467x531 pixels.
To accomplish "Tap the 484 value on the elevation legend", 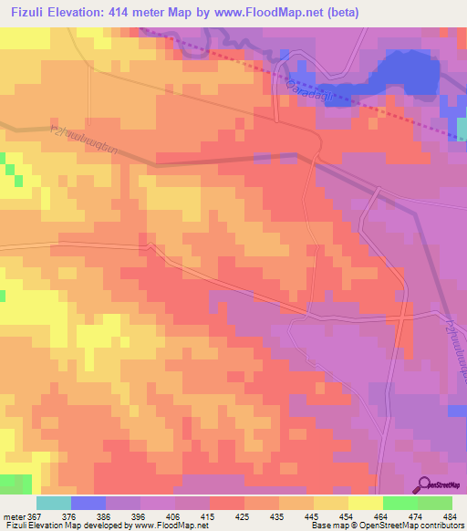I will pyautogui.click(x=446, y=516).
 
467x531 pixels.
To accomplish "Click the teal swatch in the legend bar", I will pyautogui.click(x=54, y=503).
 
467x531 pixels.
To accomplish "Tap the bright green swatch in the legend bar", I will pyautogui.click(x=400, y=503).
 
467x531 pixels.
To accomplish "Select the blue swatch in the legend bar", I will pyautogui.click(x=88, y=503).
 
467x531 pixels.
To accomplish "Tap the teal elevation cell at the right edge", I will pyautogui.click(x=462, y=130).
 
